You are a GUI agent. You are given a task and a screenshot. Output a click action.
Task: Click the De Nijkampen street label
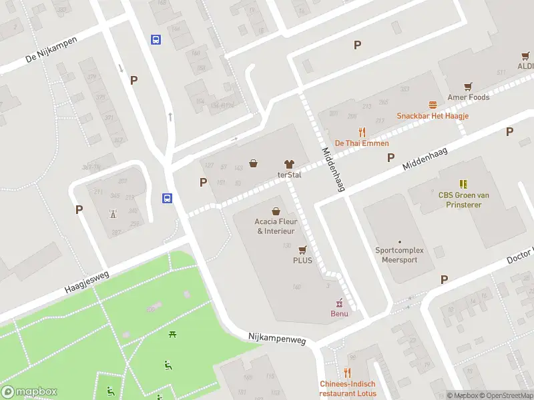(51, 49)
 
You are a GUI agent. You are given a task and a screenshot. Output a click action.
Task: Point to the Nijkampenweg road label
(276, 340)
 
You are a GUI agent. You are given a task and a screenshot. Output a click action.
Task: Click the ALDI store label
(525, 67)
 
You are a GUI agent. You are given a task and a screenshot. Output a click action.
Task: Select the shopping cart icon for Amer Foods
(469, 87)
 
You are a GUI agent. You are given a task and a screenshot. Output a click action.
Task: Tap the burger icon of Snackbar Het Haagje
(433, 105)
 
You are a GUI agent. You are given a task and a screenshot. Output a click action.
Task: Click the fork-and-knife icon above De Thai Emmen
(362, 132)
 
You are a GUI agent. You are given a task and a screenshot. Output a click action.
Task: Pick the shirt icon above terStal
(290, 164)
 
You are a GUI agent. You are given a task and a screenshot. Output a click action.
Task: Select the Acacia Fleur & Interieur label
(275, 226)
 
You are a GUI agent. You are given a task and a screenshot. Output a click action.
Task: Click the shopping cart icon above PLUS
(302, 249)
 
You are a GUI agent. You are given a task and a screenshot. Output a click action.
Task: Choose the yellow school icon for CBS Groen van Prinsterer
(463, 183)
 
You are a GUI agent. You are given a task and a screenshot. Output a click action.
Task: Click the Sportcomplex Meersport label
(400, 255)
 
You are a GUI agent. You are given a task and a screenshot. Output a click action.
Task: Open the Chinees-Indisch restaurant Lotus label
(347, 388)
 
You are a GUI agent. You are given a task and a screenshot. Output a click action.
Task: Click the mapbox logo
(29, 392)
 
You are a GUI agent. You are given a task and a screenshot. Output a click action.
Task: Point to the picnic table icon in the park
(173, 334)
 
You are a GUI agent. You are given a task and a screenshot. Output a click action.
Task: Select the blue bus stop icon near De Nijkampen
(156, 39)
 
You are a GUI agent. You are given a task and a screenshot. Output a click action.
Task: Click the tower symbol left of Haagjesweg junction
(112, 214)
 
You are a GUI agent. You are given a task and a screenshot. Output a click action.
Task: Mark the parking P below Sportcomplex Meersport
(444, 279)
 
